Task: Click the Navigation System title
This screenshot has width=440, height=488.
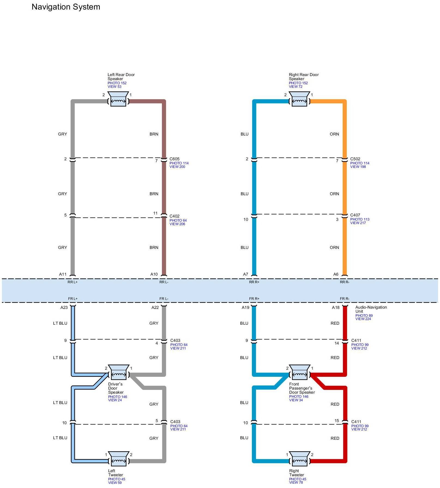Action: pyautogui.click(x=66, y=7)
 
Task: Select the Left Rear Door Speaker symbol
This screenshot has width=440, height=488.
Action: pyautogui.click(x=118, y=99)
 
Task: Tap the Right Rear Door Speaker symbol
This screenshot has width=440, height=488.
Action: pyautogui.click(x=299, y=99)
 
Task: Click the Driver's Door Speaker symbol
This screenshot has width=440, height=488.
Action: pyautogui.click(x=118, y=372)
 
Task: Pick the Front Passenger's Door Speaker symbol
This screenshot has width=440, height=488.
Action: pyautogui.click(x=299, y=372)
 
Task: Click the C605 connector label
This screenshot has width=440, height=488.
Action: pyautogui.click(x=174, y=159)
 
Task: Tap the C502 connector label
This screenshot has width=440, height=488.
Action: pyautogui.click(x=355, y=159)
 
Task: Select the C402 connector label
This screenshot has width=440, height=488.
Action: pyautogui.click(x=174, y=216)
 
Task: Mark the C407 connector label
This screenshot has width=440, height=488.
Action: pyautogui.click(x=355, y=215)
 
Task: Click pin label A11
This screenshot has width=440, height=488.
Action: pyautogui.click(x=63, y=274)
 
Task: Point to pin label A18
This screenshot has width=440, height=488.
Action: pyautogui.click(x=336, y=308)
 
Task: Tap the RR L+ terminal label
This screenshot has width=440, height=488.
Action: pyautogui.click(x=73, y=282)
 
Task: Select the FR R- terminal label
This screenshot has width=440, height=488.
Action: pyautogui.click(x=345, y=299)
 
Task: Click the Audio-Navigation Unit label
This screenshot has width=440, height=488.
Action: pyautogui.click(x=371, y=309)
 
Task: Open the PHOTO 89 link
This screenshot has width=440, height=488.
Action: pyautogui.click(x=364, y=315)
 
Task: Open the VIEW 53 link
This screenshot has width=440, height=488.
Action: pyautogui.click(x=114, y=87)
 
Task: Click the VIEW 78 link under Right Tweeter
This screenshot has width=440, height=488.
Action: pyautogui.click(x=296, y=483)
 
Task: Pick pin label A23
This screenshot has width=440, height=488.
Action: pyautogui.click(x=64, y=308)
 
